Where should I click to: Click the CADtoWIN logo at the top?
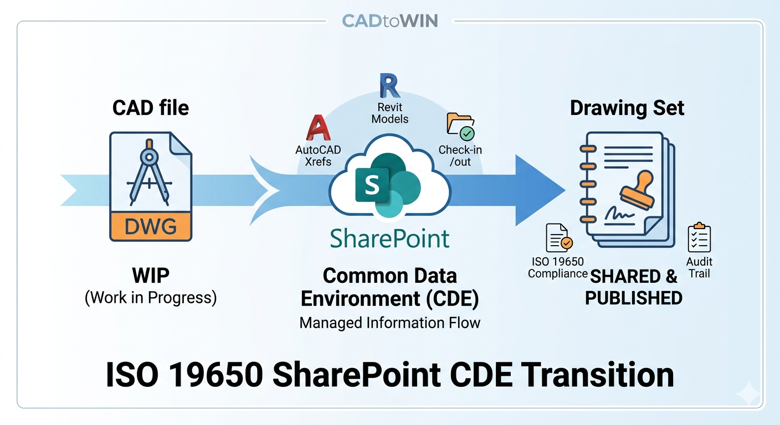coord(389,21)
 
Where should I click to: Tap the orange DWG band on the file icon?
coord(151,226)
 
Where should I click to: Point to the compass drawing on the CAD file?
coord(148,172)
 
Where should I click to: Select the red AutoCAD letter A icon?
coord(318,129)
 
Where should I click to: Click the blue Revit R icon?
coord(389,86)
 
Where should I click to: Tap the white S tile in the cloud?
coord(372,185)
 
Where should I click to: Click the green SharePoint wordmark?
coord(389,239)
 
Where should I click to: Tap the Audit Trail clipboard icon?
coord(699,238)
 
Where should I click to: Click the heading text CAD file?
coord(151,107)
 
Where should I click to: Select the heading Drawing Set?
coord(627,107)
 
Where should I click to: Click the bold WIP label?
coord(151,276)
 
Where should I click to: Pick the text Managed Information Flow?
coord(389,322)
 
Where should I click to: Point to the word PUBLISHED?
coord(633,298)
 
